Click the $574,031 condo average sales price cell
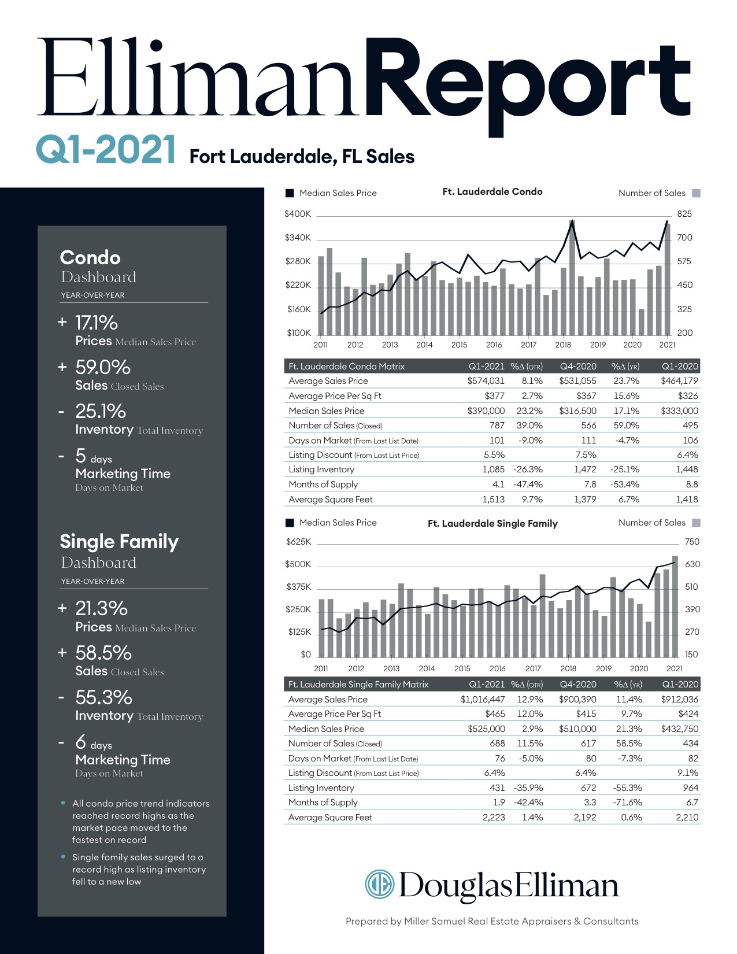point(486,381)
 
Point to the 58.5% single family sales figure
point(103,653)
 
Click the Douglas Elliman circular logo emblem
point(379,885)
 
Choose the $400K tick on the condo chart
point(298,214)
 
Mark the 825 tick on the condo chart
point(684,214)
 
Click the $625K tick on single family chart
point(298,542)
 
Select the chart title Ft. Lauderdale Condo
point(492,191)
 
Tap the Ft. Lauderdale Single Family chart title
point(492,523)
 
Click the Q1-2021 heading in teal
point(106,149)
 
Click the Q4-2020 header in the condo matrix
point(578,366)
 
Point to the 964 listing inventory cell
point(690,787)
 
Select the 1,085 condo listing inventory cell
point(493,469)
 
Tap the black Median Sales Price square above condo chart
point(290,193)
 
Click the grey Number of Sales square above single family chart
point(696,523)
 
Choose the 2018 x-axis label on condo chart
point(563,345)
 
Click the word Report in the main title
point(527,81)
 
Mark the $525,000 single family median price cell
point(486,729)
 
